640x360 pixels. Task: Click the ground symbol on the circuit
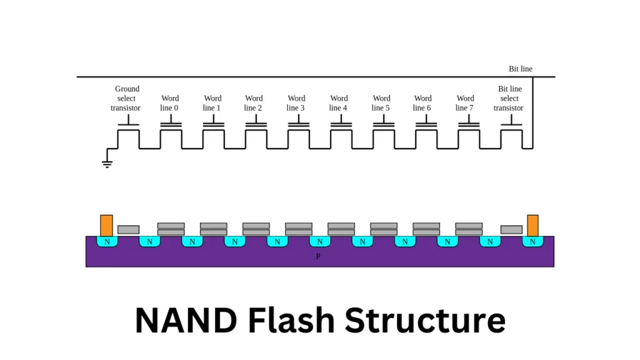pyautogui.click(x=107, y=164)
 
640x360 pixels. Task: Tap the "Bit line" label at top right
pyautogui.click(x=521, y=69)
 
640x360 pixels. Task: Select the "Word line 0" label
pyautogui.click(x=169, y=103)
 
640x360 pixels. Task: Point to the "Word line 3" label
pyautogui.click(x=296, y=103)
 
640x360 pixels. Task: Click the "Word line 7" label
pyautogui.click(x=465, y=103)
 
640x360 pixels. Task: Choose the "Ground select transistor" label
pyautogui.click(x=126, y=98)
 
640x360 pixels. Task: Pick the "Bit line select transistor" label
pyautogui.click(x=509, y=98)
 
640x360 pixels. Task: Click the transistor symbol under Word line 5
pyautogui.click(x=384, y=126)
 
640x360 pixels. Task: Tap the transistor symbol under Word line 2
pyautogui.click(x=256, y=126)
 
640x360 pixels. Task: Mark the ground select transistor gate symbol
pyautogui.click(x=128, y=126)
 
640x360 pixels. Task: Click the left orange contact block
pyautogui.click(x=107, y=225)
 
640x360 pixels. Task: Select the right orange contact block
pyautogui.click(x=532, y=225)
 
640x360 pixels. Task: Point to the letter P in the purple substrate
pyautogui.click(x=318, y=256)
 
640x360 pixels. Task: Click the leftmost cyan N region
pyautogui.click(x=107, y=241)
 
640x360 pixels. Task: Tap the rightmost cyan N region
pyautogui.click(x=532, y=241)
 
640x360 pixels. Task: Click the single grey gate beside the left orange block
pyautogui.click(x=128, y=229)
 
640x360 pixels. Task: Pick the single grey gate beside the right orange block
pyautogui.click(x=511, y=229)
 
